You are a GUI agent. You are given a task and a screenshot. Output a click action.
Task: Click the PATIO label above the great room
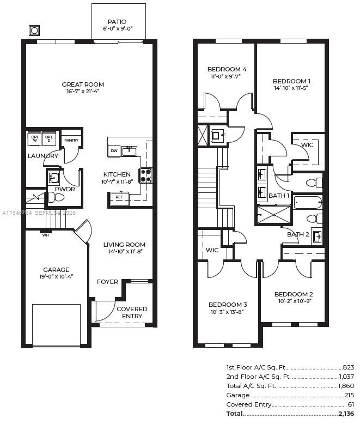(117, 22)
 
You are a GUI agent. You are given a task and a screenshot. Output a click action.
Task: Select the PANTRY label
(71, 141)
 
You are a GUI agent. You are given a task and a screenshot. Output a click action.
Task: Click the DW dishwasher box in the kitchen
(114, 150)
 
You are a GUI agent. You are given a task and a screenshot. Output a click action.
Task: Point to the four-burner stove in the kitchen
(146, 175)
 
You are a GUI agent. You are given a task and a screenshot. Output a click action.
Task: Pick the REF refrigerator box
(119, 197)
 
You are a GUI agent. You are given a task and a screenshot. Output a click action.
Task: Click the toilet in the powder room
(56, 197)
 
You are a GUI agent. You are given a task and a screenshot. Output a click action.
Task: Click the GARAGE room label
(56, 270)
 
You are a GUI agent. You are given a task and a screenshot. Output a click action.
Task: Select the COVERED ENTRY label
(132, 312)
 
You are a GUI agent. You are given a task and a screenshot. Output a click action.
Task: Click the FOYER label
(107, 282)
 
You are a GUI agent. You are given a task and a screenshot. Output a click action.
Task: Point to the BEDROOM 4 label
(227, 69)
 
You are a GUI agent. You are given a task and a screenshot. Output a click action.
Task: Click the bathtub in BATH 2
(308, 203)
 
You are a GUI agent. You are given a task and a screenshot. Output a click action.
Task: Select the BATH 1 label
(279, 195)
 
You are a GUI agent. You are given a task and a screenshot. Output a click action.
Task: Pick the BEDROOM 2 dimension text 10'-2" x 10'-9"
(293, 301)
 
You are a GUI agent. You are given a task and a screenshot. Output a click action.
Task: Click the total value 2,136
(346, 414)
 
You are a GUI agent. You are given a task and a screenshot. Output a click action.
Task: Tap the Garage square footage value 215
(349, 395)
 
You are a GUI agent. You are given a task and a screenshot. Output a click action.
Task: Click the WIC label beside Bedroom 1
(307, 145)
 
